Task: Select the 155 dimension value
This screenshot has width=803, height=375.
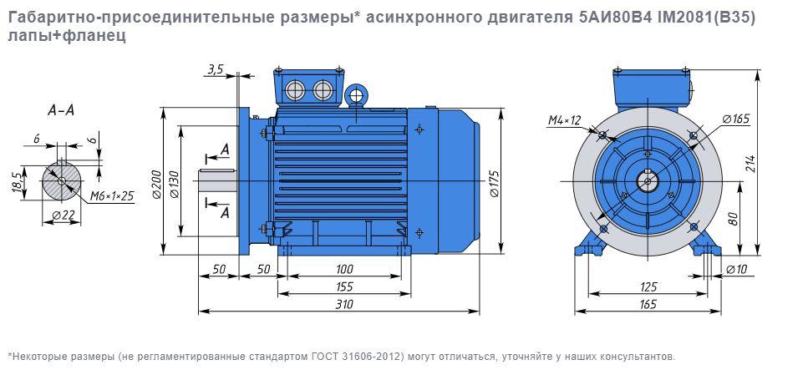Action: pos(344,286)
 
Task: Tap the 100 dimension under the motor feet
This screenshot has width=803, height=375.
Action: pos(344,269)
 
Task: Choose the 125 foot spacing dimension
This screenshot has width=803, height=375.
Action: pos(648,286)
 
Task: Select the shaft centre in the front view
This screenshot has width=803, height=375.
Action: pos(648,179)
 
